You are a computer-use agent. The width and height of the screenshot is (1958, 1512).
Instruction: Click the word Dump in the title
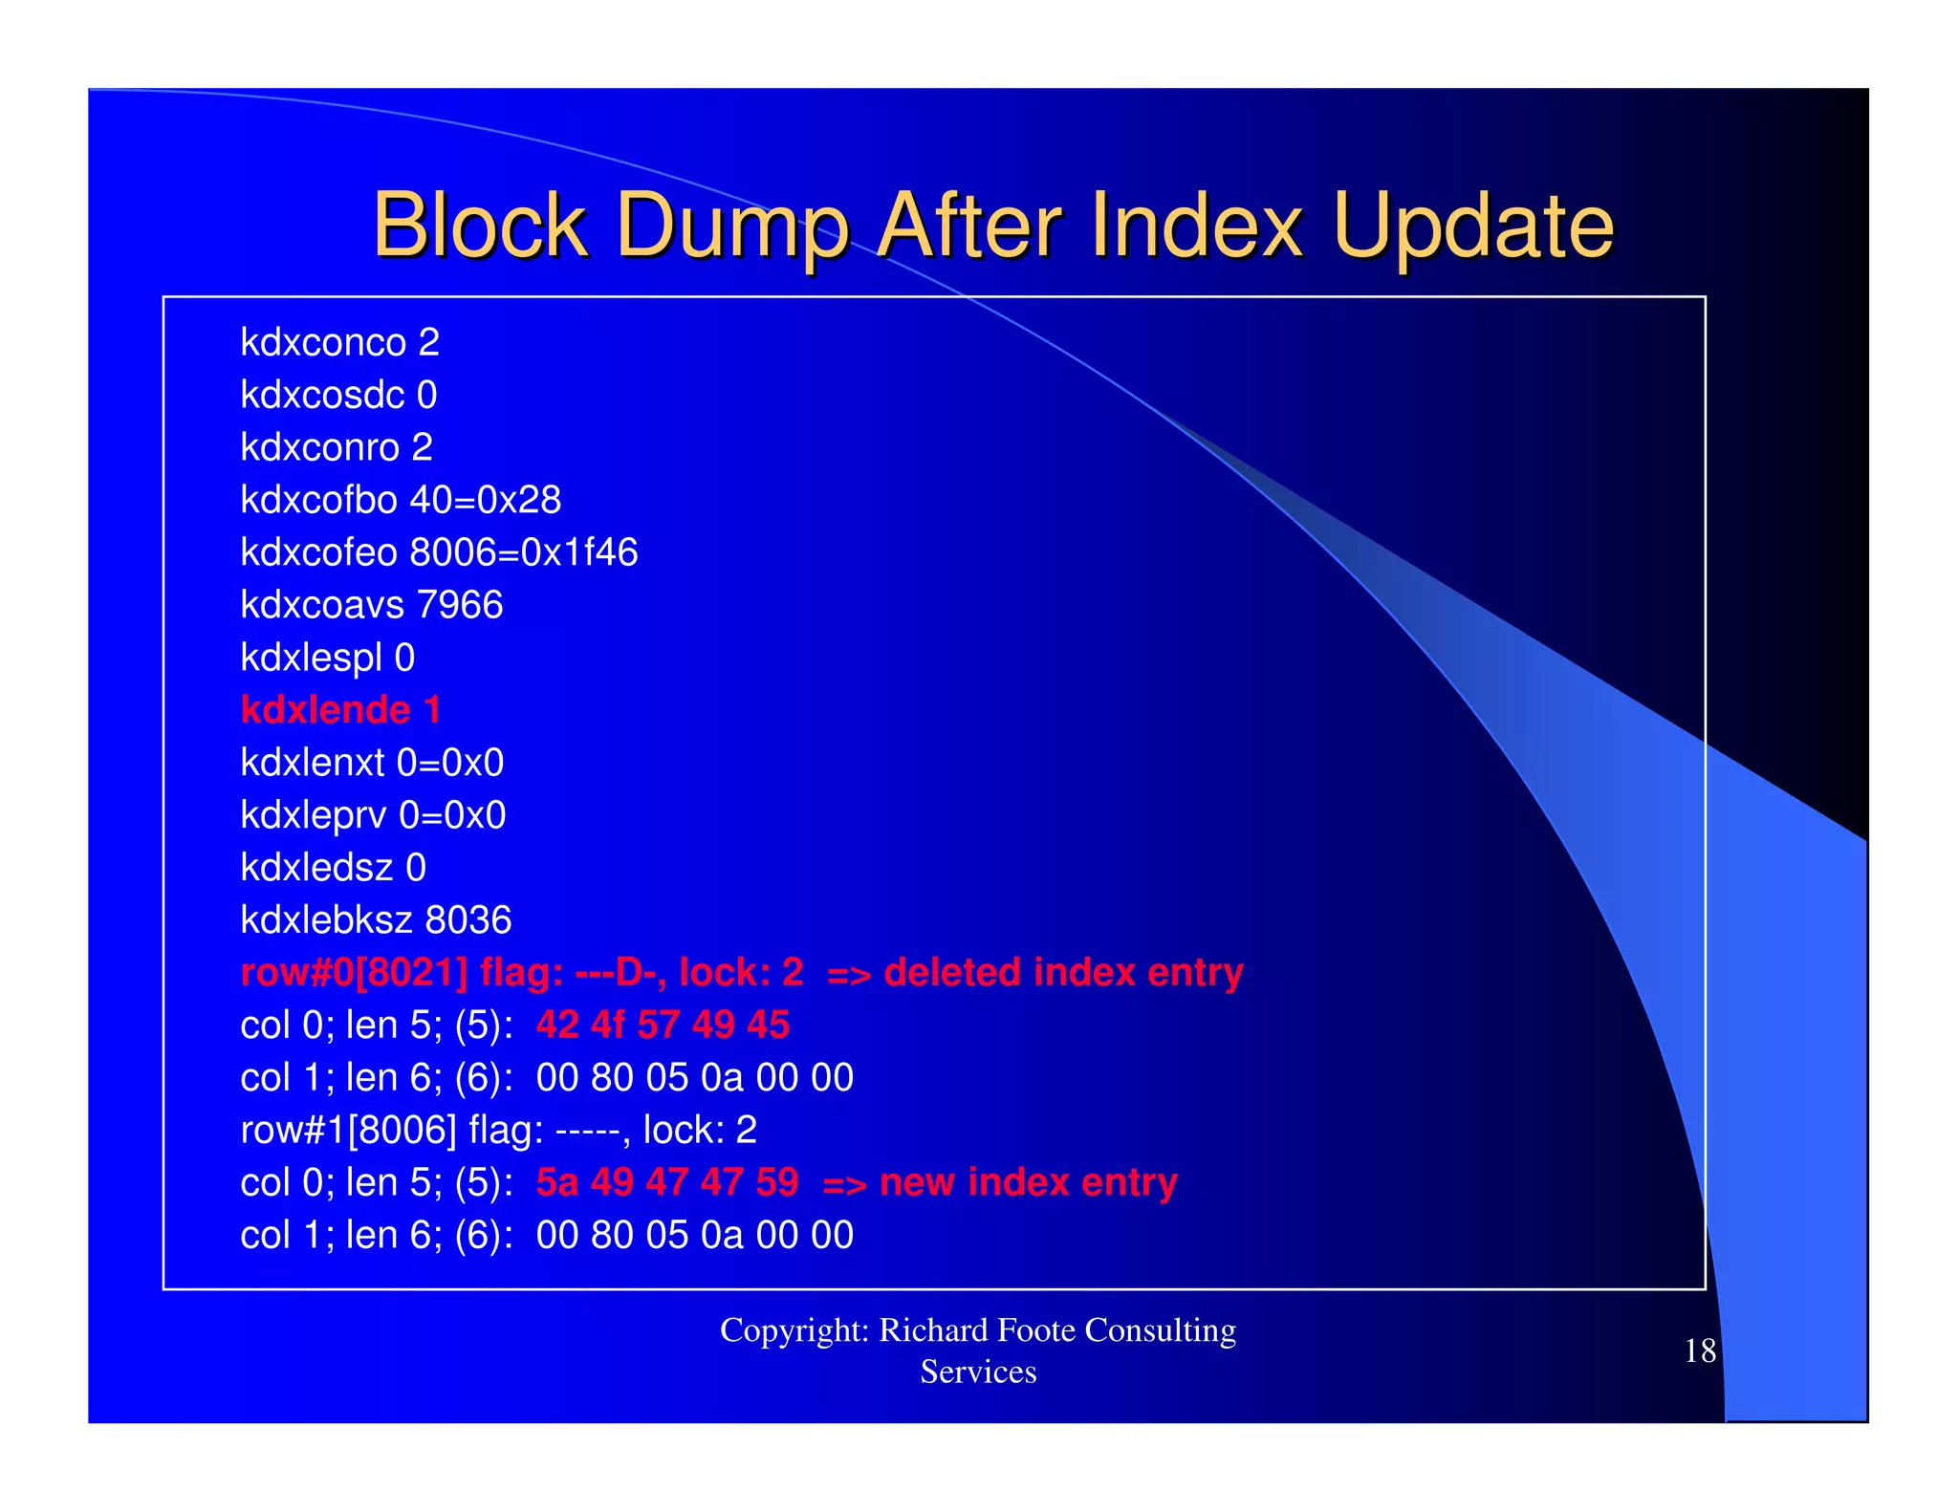point(731,227)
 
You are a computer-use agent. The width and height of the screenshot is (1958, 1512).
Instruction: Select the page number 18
point(1700,1350)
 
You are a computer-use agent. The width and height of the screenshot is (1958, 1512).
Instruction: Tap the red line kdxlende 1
point(340,710)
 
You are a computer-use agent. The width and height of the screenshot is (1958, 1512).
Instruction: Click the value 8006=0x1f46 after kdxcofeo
point(524,552)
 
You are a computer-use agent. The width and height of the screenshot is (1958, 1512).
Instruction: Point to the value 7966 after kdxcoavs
point(460,605)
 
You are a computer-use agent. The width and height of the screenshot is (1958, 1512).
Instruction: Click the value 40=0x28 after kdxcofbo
point(486,500)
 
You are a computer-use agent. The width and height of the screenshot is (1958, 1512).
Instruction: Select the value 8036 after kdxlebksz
point(468,920)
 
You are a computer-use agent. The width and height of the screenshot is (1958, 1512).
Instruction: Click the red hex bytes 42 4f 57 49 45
point(663,1025)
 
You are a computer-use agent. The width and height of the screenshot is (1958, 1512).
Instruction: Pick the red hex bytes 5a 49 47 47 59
point(666,1182)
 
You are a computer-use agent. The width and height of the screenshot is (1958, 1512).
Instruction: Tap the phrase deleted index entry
point(1063,973)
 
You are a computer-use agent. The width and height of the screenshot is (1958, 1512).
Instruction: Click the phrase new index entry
point(1028,1182)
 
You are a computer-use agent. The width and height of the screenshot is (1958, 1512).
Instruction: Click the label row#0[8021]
point(354,973)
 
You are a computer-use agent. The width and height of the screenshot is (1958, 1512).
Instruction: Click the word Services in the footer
point(978,1372)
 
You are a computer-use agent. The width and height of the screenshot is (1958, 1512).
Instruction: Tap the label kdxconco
point(323,342)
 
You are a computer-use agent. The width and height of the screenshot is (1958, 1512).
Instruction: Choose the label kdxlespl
point(311,658)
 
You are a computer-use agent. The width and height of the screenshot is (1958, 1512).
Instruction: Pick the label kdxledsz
point(316,868)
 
